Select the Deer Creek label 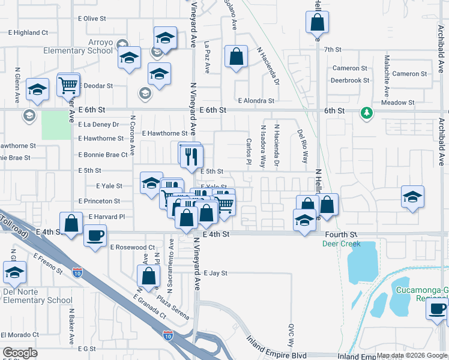(x=341, y=244)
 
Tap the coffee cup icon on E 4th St (x=95, y=234)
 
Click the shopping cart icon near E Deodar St (x=68, y=85)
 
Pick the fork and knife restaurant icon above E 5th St (x=191, y=156)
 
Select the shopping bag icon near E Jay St (x=148, y=276)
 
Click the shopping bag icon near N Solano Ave (x=237, y=56)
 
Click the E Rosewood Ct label (x=133, y=247)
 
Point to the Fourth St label (x=341, y=234)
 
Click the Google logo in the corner (x=20, y=353)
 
